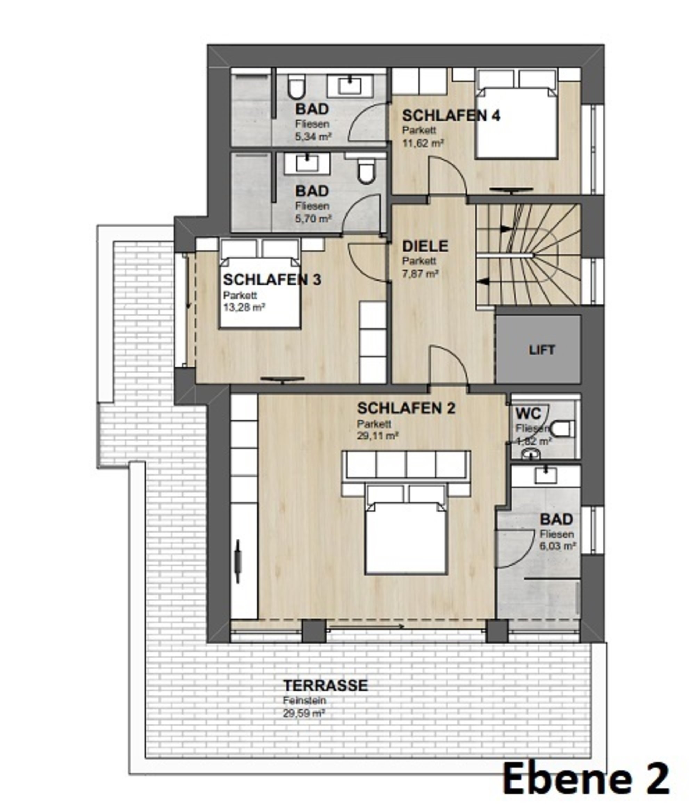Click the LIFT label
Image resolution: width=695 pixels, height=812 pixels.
tap(541, 350)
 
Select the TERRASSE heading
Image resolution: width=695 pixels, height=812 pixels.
tap(326, 685)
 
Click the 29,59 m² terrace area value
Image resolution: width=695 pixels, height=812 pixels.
tap(304, 714)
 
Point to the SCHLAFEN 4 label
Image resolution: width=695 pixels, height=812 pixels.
tap(451, 116)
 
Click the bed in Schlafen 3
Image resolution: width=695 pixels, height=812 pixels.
tap(260, 292)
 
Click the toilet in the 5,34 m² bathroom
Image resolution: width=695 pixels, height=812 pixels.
tap(296, 88)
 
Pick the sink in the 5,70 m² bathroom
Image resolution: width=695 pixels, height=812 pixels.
tap(307, 163)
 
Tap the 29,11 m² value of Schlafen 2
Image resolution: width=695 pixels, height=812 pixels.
tap(378, 436)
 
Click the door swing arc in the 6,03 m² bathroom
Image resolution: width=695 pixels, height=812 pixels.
tap(513, 549)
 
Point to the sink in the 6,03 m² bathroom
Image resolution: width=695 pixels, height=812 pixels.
tap(546, 476)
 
